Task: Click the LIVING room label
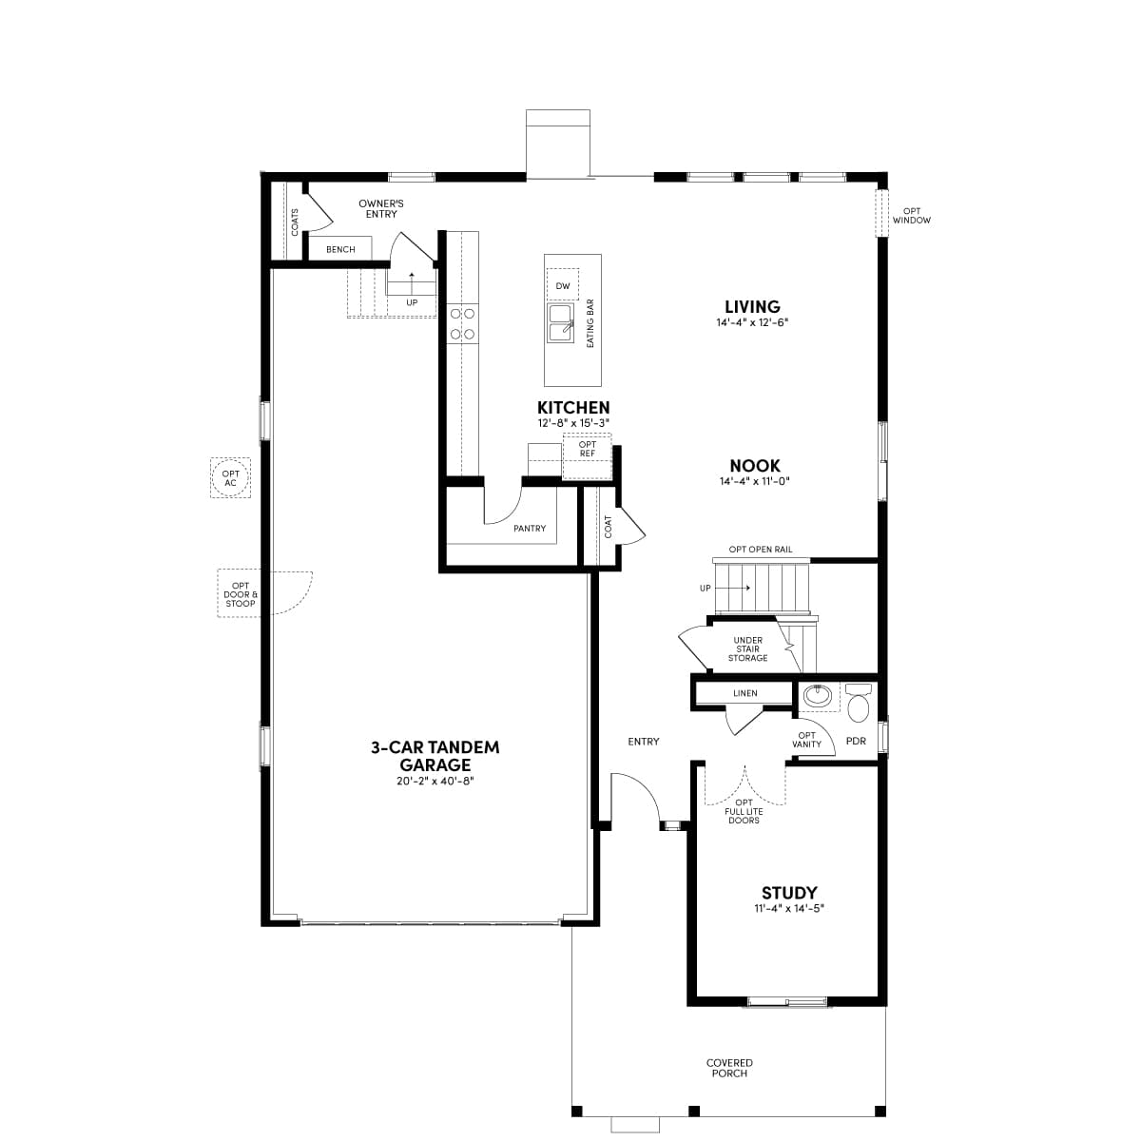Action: click(752, 307)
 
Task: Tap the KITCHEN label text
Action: click(573, 407)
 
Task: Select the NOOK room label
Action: click(754, 465)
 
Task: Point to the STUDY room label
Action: click(788, 892)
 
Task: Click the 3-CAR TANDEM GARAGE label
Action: click(435, 756)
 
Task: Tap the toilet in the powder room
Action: click(858, 703)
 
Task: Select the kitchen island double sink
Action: click(560, 323)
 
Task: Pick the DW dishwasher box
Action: click(563, 285)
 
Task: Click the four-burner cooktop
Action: click(462, 324)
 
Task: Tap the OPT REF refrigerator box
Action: click(587, 456)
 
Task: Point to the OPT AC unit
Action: click(230, 478)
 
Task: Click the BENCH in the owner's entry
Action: click(340, 249)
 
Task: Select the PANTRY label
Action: click(530, 528)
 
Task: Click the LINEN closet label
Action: click(745, 693)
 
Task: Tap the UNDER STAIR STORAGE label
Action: click(748, 649)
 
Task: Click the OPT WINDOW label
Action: click(912, 216)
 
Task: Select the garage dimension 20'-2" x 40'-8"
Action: click(435, 781)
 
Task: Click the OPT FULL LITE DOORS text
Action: click(744, 811)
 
